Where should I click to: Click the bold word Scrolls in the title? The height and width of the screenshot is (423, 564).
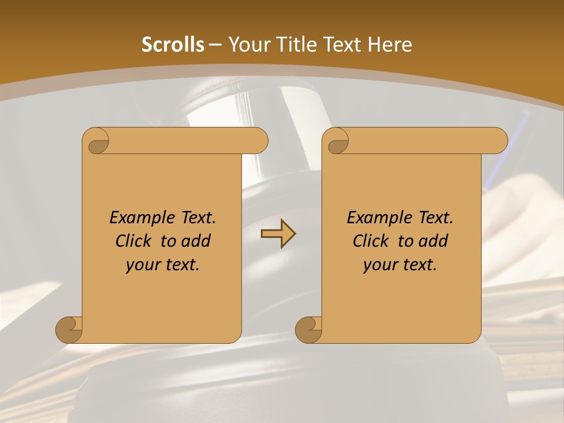(173, 45)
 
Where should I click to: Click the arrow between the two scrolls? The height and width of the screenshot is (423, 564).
(278, 234)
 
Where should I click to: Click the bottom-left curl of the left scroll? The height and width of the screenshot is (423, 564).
(69, 330)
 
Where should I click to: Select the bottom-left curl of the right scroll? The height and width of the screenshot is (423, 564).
(308, 330)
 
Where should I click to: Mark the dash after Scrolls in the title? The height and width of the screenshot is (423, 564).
(215, 45)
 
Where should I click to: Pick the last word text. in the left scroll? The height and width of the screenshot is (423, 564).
(181, 265)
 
